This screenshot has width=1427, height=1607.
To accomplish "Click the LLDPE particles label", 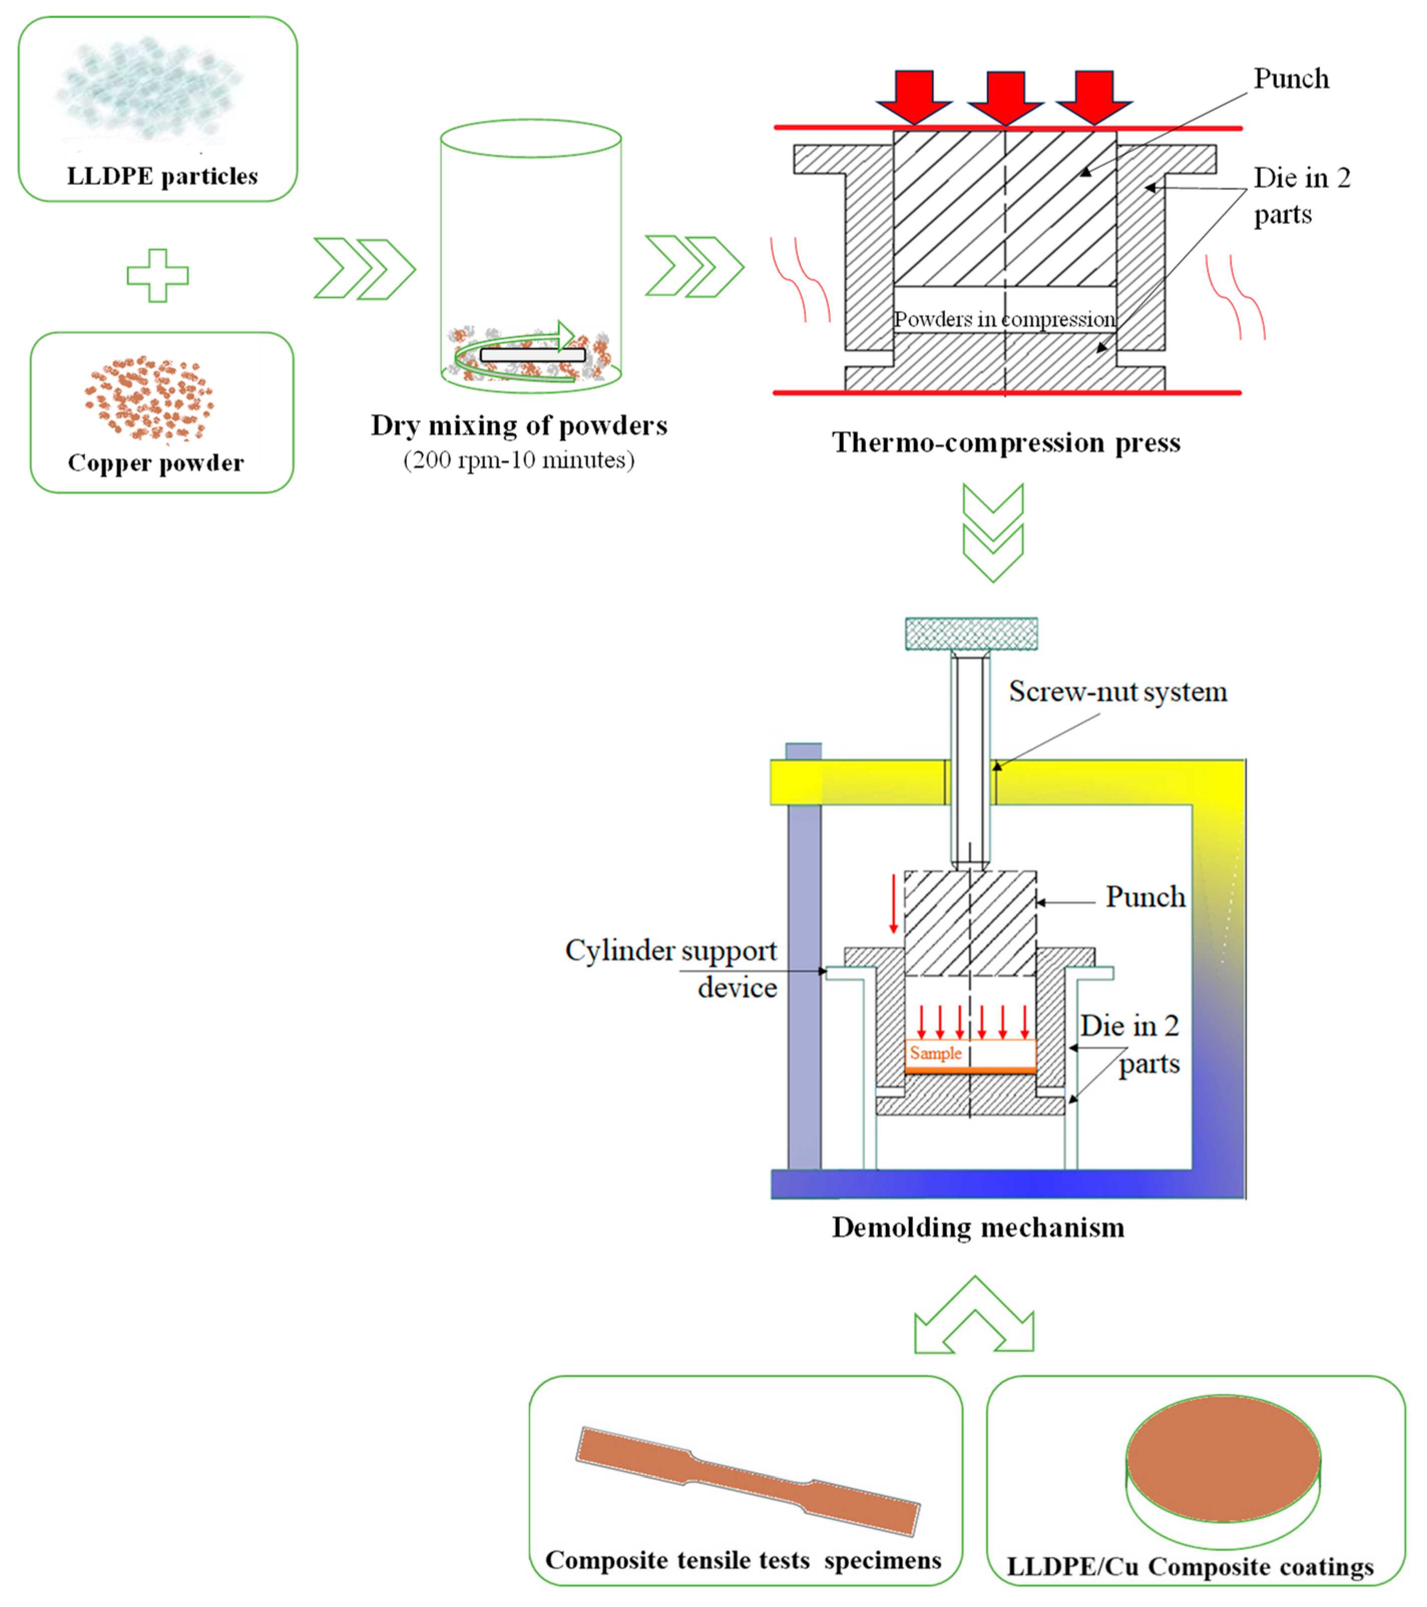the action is [162, 176].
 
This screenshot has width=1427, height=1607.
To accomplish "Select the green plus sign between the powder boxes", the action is [158, 275].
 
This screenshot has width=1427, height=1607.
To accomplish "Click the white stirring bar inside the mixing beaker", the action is [533, 354].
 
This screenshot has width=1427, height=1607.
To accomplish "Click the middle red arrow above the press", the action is [1005, 97].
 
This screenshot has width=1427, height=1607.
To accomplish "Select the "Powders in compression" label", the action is [1004, 319].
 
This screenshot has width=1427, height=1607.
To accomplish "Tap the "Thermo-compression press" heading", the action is [1006, 443].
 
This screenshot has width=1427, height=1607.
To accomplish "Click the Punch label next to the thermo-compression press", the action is [1291, 79].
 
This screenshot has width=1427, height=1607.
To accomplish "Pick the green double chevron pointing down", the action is [993, 532].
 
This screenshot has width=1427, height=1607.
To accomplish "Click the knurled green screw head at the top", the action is [971, 634].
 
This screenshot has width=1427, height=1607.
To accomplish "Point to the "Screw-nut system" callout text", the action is [1117, 692].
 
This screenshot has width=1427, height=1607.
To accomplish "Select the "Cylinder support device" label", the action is [671, 968].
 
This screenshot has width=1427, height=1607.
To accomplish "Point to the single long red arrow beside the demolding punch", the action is [893, 903].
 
